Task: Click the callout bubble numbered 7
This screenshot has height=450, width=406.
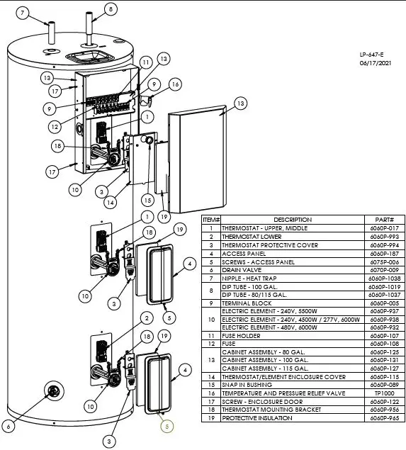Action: (x=22, y=13)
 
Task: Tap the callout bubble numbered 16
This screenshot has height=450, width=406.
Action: (x=174, y=84)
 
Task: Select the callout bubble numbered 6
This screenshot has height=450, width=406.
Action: (x=9, y=426)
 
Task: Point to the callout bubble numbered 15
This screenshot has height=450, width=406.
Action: (x=147, y=201)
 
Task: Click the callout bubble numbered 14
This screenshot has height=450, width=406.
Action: (x=109, y=202)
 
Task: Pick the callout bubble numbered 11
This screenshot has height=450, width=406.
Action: (x=145, y=63)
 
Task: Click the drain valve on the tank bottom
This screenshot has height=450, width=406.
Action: (x=52, y=390)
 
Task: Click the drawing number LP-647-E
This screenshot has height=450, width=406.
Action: (x=372, y=55)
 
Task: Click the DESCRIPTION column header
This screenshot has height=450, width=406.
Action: (x=293, y=220)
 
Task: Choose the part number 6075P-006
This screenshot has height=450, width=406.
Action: (x=380, y=261)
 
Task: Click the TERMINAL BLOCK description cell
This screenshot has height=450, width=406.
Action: (x=248, y=303)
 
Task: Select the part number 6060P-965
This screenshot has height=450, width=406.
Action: (x=380, y=418)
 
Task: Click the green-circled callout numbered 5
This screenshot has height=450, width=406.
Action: (x=167, y=426)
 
